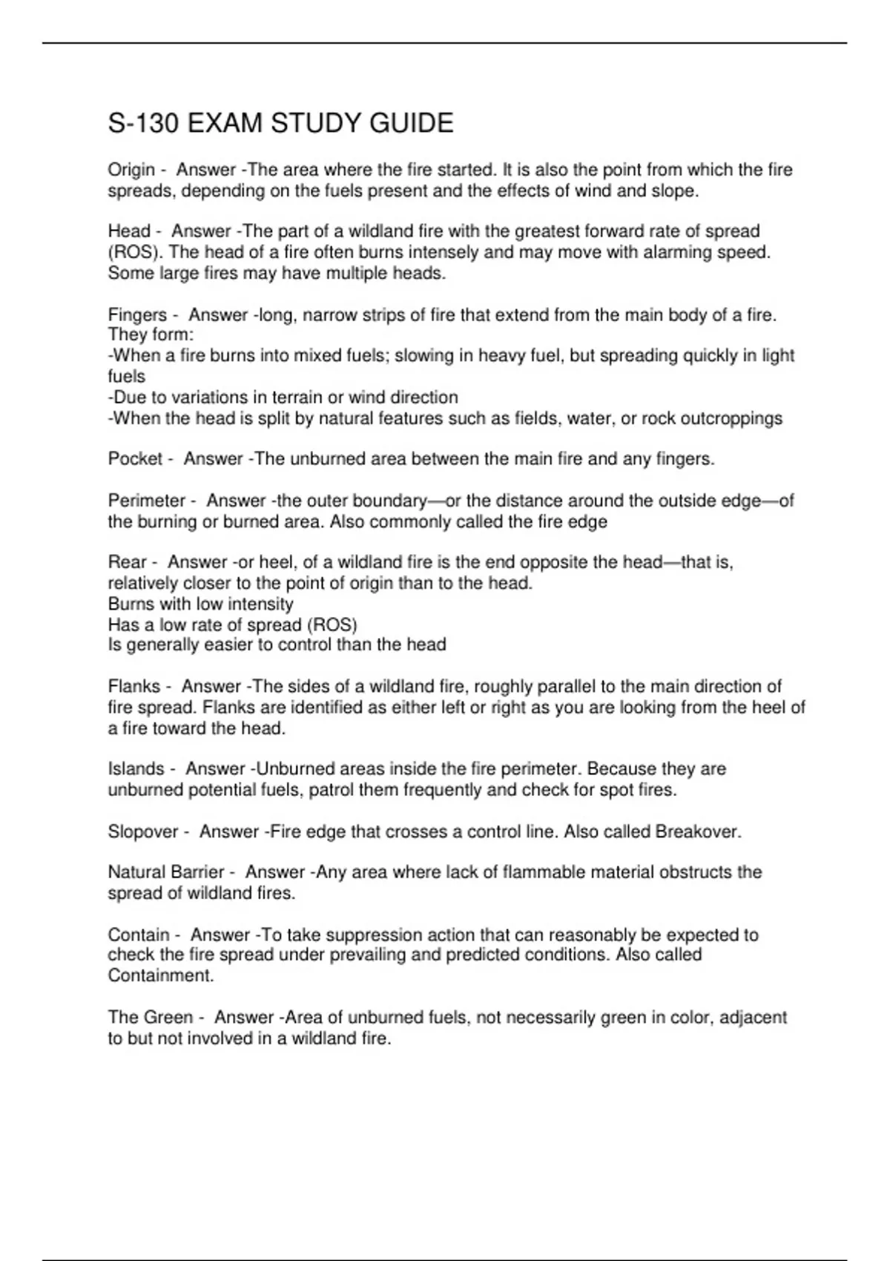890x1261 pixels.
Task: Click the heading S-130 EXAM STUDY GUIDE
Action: tap(280, 123)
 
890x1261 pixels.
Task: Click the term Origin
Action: tap(131, 170)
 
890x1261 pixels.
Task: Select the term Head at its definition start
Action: tap(129, 231)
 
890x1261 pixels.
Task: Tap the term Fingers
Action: tap(137, 315)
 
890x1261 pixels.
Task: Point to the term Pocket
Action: tap(135, 459)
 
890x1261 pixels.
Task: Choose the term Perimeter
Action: tap(146, 501)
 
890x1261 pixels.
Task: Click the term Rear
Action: tap(127, 562)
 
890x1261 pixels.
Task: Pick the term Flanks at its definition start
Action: tap(134, 686)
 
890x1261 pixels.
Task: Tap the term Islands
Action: tap(136, 768)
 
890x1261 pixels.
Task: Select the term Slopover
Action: tap(143, 832)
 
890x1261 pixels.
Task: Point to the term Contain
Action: tap(138, 935)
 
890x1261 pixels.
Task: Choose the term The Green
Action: tap(150, 1017)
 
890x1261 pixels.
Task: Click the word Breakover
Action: tap(697, 832)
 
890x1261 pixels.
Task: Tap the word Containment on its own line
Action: tap(160, 976)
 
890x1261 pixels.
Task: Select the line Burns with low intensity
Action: tap(200, 604)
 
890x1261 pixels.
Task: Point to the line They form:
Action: tap(151, 335)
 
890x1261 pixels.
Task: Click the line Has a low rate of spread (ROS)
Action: tap(232, 625)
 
